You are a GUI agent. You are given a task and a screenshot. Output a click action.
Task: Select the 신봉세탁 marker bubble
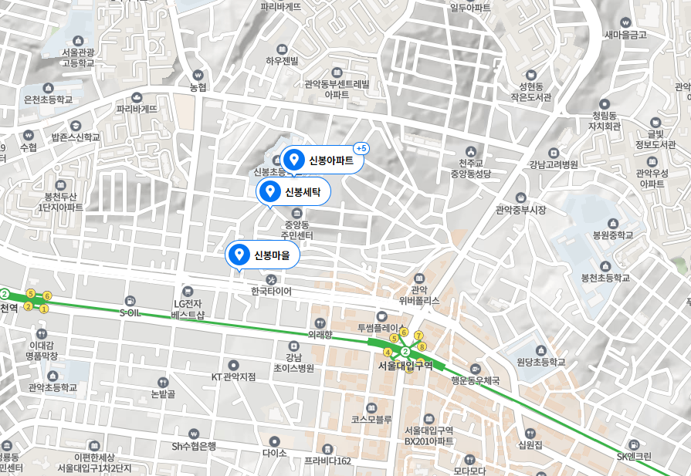click(x=293, y=191)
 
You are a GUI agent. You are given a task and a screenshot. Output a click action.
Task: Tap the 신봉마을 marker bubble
click(x=263, y=255)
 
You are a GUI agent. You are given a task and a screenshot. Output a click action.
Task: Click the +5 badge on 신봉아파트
click(x=361, y=147)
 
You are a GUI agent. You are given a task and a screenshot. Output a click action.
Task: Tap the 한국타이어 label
click(x=271, y=292)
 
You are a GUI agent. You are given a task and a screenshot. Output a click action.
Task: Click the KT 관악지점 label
click(x=233, y=376)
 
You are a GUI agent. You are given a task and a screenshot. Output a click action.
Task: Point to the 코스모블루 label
click(x=371, y=419)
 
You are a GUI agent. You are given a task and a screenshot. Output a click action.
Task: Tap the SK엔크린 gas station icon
click(x=634, y=444)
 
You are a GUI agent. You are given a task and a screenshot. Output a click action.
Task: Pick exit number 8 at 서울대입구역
click(x=422, y=346)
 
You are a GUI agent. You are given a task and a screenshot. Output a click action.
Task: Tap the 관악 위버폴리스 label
click(x=419, y=294)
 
